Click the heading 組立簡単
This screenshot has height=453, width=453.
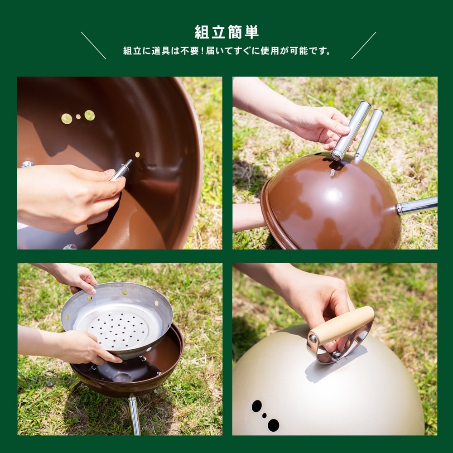pyautogui.click(x=226, y=32)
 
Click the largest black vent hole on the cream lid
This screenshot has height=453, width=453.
pyautogui.click(x=273, y=425)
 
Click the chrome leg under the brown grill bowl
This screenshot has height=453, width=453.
pyautogui.click(x=134, y=414)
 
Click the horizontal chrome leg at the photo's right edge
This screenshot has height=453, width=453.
pyautogui.click(x=418, y=206)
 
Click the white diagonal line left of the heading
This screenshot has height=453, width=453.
pyautogui.click(x=93, y=45)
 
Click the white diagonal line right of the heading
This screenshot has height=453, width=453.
pyautogui.click(x=363, y=45)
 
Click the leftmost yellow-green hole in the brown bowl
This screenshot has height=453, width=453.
pyautogui.click(x=67, y=119)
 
